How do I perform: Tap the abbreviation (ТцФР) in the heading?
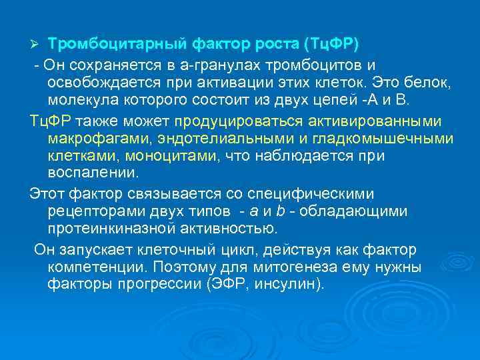point(330,45)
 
